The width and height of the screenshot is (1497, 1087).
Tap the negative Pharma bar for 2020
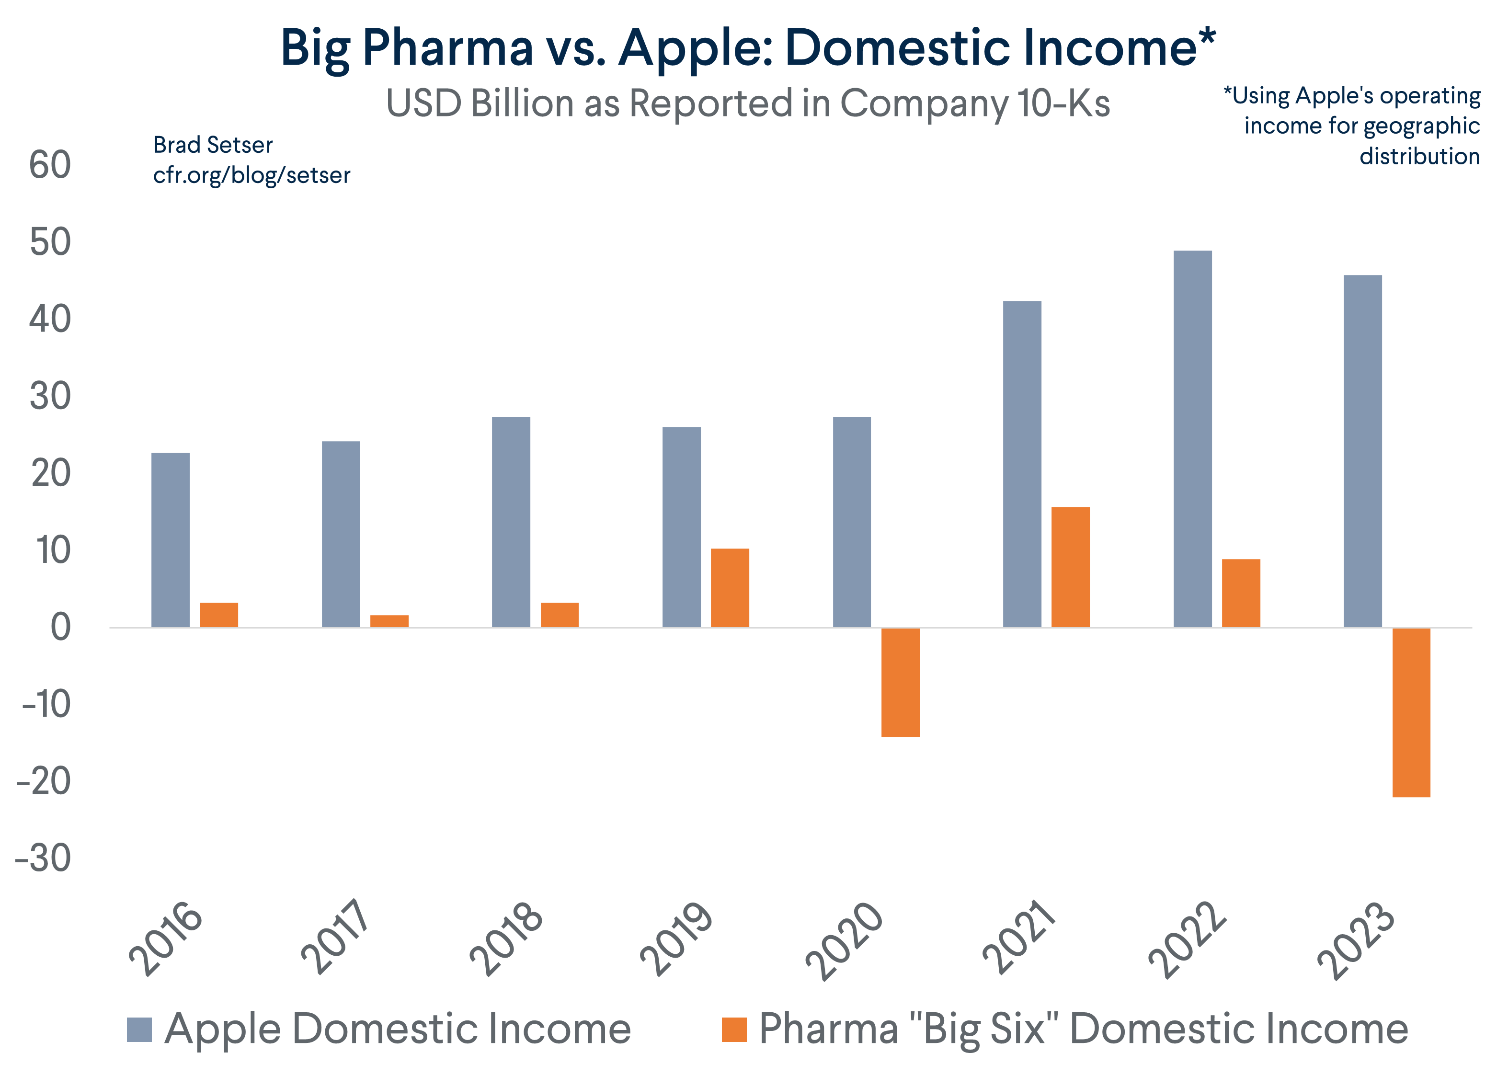(x=900, y=682)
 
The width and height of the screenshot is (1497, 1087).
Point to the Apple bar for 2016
(x=170, y=540)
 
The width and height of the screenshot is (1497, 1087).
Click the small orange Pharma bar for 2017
(x=389, y=621)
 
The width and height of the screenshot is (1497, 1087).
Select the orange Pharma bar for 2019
(x=730, y=587)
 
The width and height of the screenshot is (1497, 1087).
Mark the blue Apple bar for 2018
(x=511, y=521)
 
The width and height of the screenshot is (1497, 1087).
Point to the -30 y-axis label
(x=44, y=858)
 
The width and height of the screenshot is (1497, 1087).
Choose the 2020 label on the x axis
(x=845, y=940)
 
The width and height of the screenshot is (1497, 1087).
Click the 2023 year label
(x=1357, y=940)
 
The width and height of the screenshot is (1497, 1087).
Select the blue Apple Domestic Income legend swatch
(x=139, y=1030)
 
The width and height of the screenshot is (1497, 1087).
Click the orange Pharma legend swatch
(x=734, y=1030)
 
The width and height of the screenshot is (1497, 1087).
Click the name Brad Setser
(x=213, y=145)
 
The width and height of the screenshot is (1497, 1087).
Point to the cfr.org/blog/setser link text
(x=251, y=175)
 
